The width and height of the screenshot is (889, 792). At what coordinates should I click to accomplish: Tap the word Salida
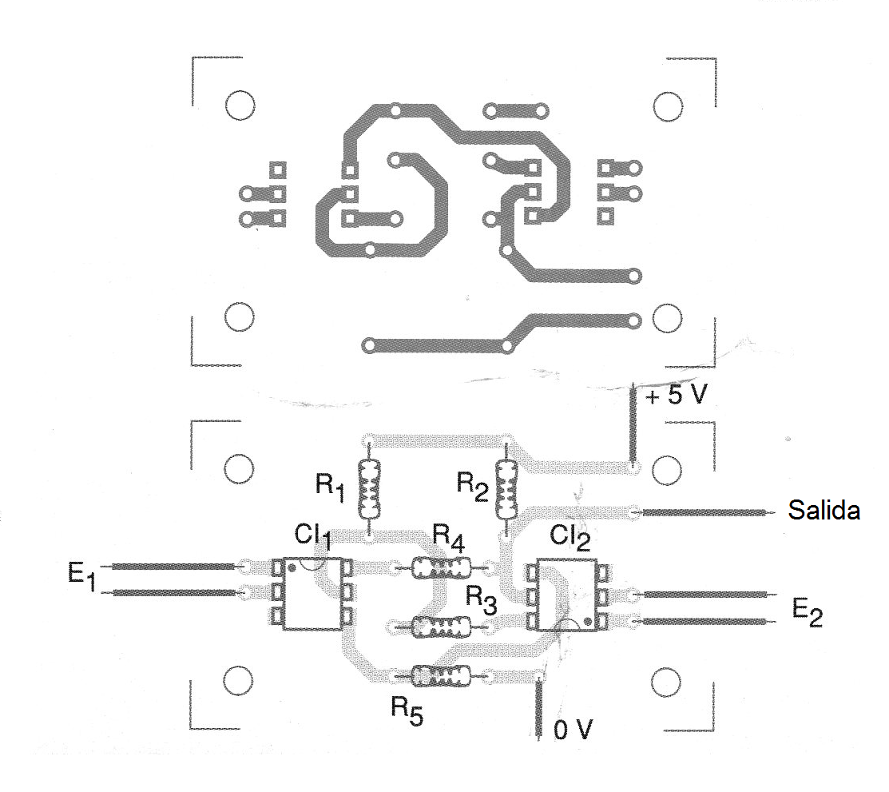click(x=824, y=511)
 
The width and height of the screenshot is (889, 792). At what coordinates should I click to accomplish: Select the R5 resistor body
click(x=439, y=677)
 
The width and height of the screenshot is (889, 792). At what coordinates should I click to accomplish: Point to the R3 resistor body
click(x=439, y=627)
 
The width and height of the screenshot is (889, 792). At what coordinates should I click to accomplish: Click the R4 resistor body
click(x=440, y=568)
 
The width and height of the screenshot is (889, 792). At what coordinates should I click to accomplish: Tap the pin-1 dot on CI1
click(x=292, y=567)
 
